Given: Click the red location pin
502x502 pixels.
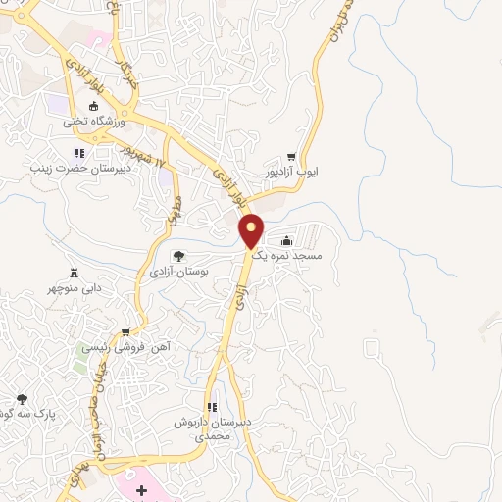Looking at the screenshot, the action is pyautogui.click(x=252, y=229).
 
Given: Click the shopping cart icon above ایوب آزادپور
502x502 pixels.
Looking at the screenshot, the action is pyautogui.click(x=291, y=157).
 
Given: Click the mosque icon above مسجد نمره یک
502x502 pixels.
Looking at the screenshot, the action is pyautogui.click(x=286, y=240).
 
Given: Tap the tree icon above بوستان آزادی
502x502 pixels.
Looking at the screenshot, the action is pyautogui.click(x=189, y=256).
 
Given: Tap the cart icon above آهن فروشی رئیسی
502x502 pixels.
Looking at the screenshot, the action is pyautogui.click(x=125, y=331).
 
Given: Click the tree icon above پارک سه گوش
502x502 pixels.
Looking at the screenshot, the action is pyautogui.click(x=23, y=398).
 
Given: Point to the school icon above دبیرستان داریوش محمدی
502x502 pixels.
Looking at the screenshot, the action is pyautogui.click(x=210, y=406).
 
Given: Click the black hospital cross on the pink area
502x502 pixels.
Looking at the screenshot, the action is pyautogui.click(x=140, y=488).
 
